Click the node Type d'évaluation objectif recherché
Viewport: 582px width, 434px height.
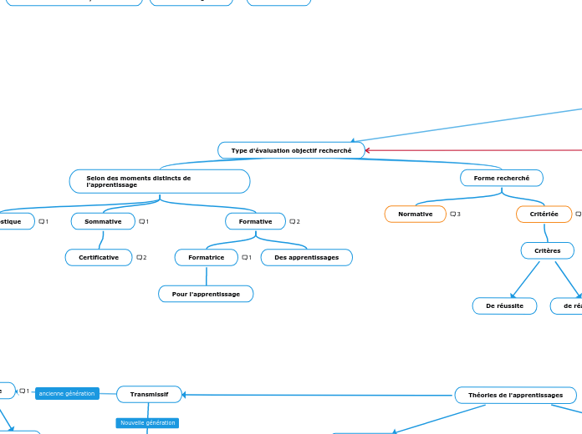click(292, 150)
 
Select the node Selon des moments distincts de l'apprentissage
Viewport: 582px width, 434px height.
click(159, 181)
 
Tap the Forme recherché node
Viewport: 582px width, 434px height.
click(502, 178)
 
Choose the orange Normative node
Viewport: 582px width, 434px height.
click(416, 214)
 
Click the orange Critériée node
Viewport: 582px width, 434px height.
click(544, 214)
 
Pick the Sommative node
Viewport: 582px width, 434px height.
click(103, 221)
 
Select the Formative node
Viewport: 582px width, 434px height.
click(256, 221)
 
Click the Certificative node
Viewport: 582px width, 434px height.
click(99, 258)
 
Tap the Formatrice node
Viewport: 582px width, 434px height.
click(207, 258)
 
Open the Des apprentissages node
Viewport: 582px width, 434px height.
click(307, 258)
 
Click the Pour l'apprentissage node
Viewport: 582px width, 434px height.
click(206, 294)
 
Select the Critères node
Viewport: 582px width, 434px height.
click(548, 250)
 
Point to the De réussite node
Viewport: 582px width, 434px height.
click(504, 306)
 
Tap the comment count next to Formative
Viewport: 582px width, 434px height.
click(294, 221)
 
